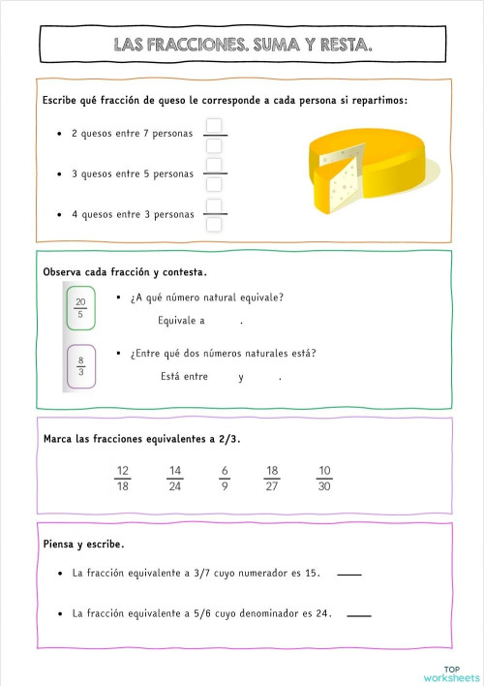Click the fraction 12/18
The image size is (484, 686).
point(123,478)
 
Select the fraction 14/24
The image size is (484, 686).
point(175,478)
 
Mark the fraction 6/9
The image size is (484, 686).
point(225,478)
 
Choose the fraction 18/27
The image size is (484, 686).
point(272,478)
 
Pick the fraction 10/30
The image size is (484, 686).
point(324,478)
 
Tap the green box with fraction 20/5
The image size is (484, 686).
point(80,307)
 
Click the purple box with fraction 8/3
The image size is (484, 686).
point(80,365)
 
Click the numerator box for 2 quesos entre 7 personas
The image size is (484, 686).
point(215,126)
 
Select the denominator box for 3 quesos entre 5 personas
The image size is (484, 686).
point(215,184)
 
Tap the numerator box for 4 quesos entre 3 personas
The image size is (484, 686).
point(215,205)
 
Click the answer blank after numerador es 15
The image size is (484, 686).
point(349,574)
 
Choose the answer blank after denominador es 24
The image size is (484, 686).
point(358,614)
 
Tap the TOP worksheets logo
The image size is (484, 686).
point(453,671)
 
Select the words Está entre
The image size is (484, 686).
point(185,377)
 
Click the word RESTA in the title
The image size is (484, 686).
point(340,45)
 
